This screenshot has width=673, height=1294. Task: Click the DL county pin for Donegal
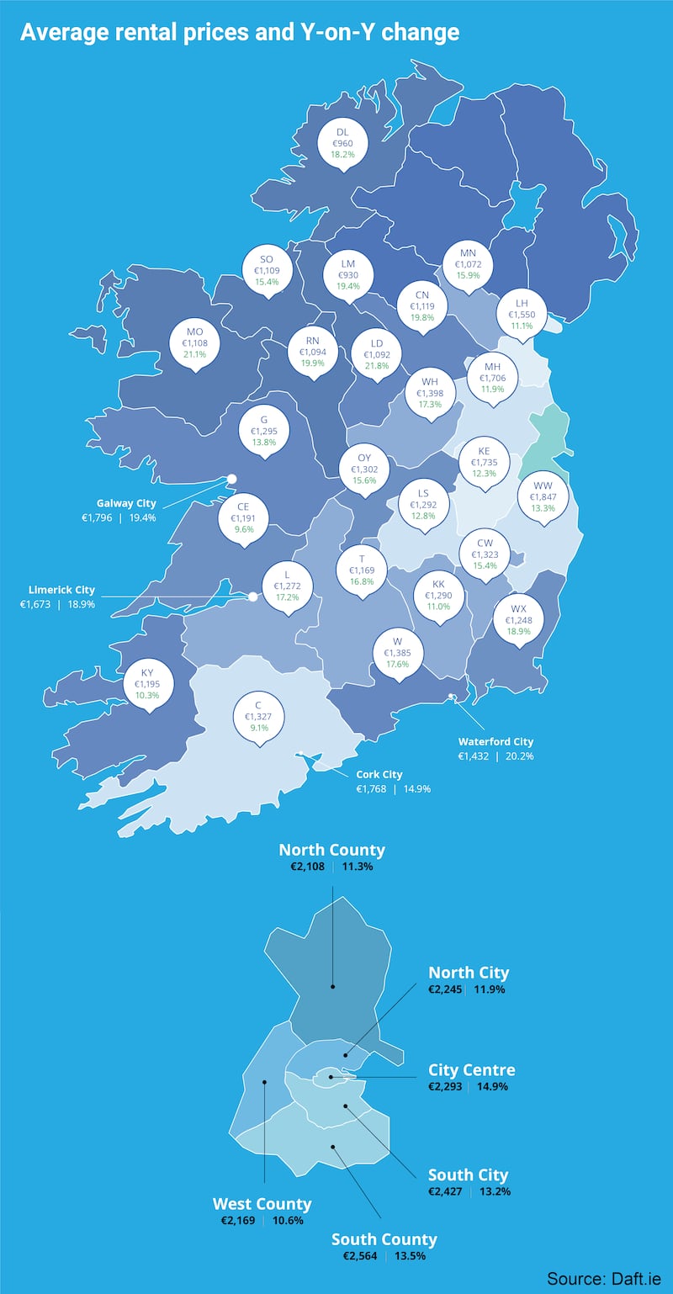click(x=342, y=143)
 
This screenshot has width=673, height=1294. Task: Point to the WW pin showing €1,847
click(x=543, y=496)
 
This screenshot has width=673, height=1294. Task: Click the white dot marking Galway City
click(x=231, y=479)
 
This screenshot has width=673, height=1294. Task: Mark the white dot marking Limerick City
click(x=252, y=597)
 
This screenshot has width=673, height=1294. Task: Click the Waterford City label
click(x=495, y=742)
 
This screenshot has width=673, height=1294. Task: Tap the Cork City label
click(x=380, y=774)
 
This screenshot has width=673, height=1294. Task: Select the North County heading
click(x=331, y=850)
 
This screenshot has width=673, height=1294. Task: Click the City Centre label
click(x=471, y=1070)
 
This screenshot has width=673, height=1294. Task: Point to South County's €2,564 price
click(x=356, y=1256)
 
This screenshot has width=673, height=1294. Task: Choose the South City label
click(x=468, y=1175)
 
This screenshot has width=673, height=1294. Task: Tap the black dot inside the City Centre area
click(x=331, y=1076)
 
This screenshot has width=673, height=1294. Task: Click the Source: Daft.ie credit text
click(x=603, y=1278)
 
